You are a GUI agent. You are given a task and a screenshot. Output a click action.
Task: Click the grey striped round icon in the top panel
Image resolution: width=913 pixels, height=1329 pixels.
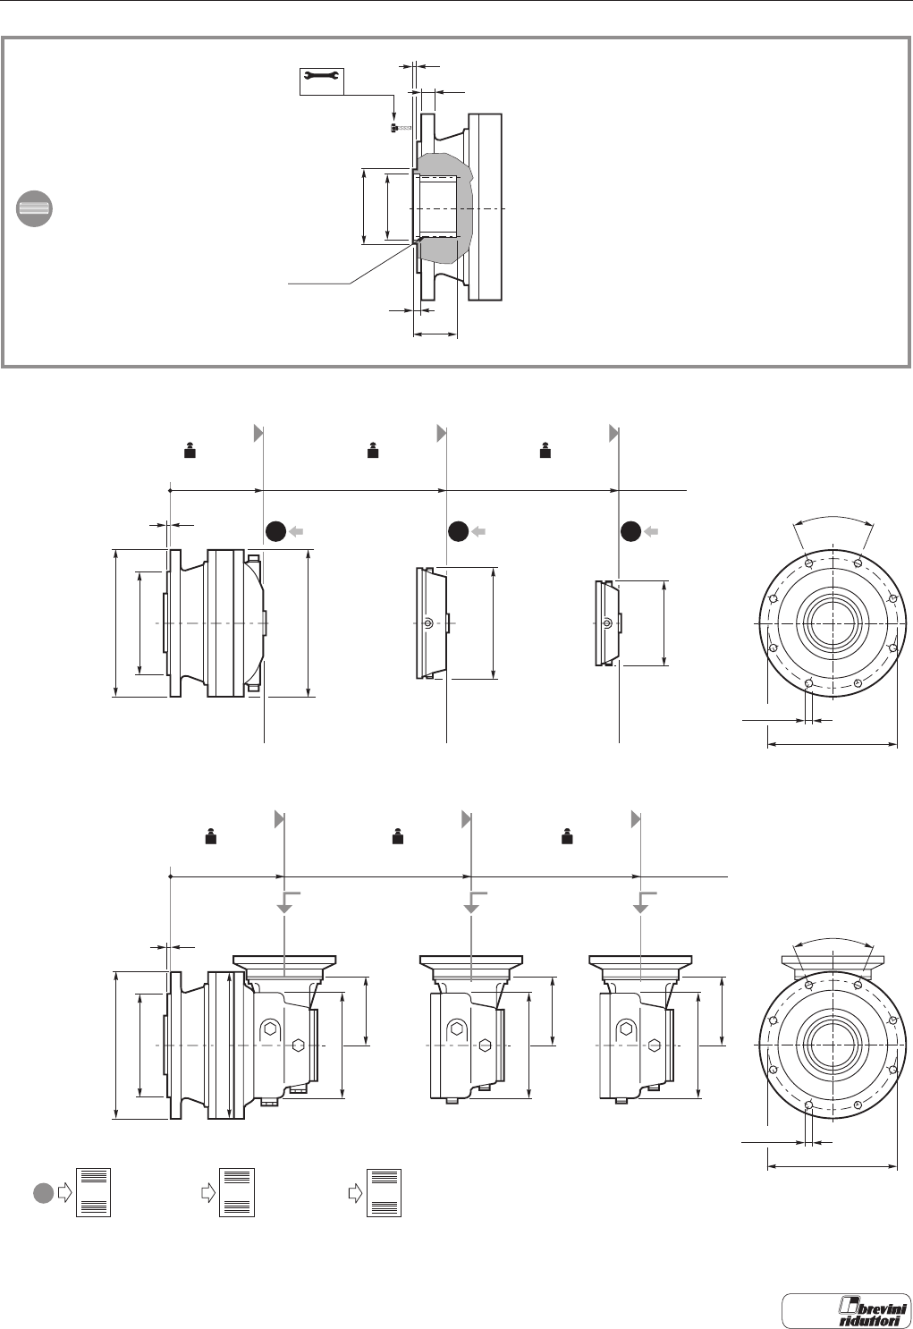point(34,208)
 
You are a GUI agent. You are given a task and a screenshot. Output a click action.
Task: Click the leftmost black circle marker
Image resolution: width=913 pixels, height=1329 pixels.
point(275,531)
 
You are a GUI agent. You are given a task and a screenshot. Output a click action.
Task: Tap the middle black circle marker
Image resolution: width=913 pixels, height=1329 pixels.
point(459,531)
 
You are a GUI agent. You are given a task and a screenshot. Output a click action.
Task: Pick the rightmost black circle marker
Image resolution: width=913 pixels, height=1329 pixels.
point(631,531)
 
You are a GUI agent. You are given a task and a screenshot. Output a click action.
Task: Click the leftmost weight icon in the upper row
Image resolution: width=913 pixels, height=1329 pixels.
point(190,452)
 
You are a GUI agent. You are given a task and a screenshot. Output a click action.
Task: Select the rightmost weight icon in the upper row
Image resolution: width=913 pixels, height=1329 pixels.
point(544,452)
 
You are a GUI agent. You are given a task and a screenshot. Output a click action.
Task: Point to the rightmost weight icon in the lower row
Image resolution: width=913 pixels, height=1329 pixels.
point(567,838)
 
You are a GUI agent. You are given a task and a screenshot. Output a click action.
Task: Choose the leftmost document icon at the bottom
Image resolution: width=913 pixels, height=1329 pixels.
point(94,1192)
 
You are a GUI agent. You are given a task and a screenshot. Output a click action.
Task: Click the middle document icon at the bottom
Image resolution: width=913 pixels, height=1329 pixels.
point(238,1192)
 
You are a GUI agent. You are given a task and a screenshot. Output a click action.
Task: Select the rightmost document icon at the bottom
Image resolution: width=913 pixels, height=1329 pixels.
point(385,1192)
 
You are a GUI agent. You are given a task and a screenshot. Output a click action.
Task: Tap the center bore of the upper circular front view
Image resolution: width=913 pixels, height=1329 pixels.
point(833,621)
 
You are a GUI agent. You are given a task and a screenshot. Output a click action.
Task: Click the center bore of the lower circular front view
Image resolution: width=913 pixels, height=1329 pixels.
point(833,1044)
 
